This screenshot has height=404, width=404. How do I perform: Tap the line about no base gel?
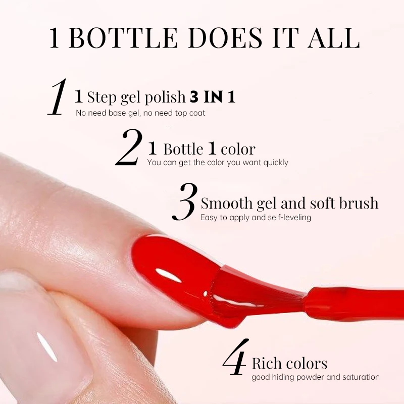pyautogui.click(x=140, y=113)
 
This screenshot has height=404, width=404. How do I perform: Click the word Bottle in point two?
pyautogui.click(x=183, y=149)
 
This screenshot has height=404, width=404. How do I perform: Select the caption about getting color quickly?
pyautogui.click(x=218, y=163)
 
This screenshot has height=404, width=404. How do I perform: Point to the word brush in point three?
pyautogui.click(x=356, y=204)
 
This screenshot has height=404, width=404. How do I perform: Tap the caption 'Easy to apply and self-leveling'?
pyautogui.click(x=256, y=218)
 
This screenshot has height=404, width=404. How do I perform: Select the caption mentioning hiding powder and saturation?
pyautogui.click(x=316, y=377)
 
